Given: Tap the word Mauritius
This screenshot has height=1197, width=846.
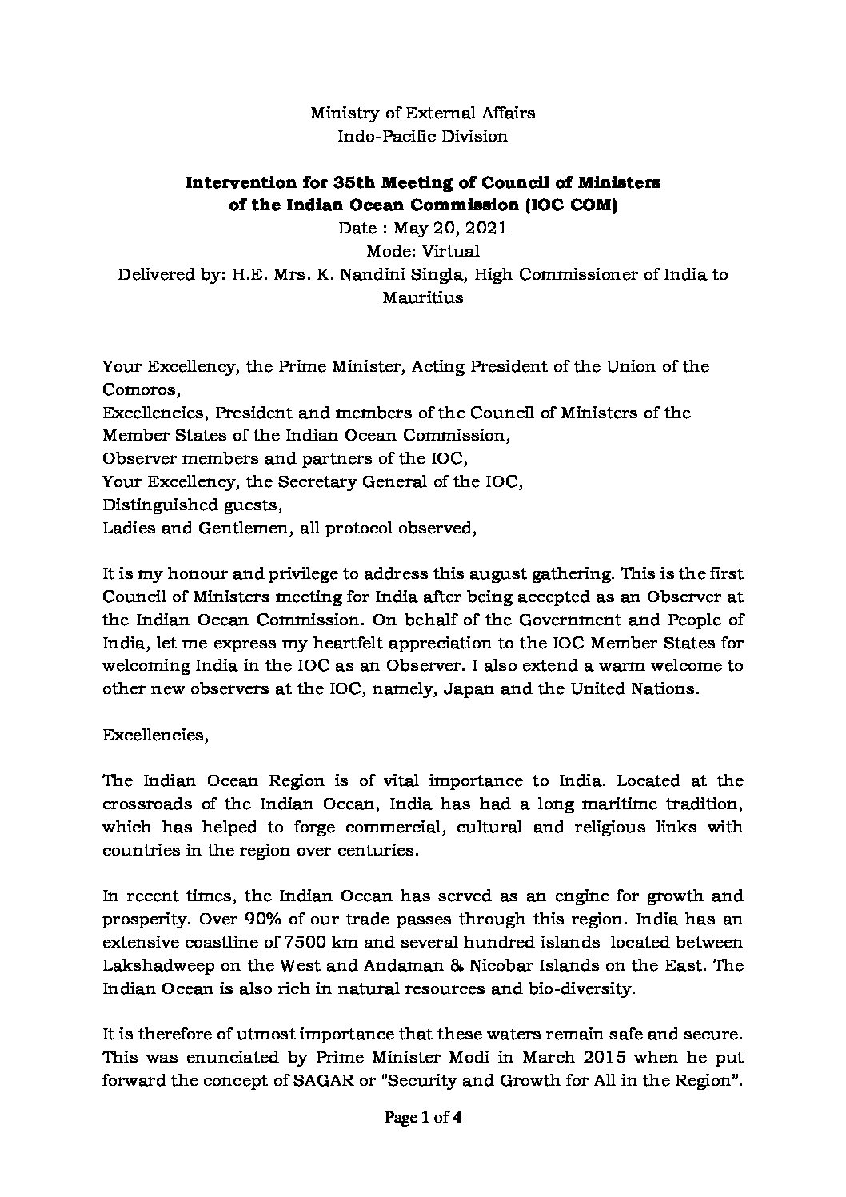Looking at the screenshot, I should (423, 298).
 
